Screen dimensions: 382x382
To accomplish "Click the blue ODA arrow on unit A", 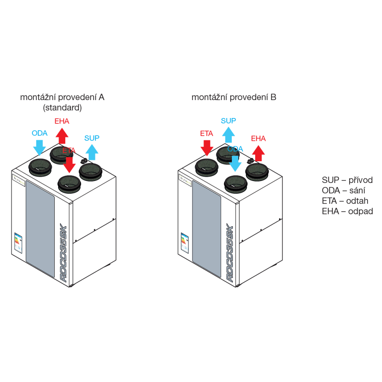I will [39, 147].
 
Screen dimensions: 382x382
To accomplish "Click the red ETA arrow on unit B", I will [207, 147].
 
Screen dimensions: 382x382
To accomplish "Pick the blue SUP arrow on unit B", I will [228, 135].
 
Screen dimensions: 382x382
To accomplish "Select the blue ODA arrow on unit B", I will [235, 163].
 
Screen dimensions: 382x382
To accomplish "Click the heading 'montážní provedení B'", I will [234, 97].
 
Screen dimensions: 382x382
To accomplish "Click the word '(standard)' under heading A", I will [62, 108].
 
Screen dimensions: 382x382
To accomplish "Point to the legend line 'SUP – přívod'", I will [347, 180].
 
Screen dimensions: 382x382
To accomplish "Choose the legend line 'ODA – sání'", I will [343, 190].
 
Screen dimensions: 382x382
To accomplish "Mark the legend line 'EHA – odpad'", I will [347, 211].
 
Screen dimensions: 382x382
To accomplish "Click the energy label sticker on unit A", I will [18, 243].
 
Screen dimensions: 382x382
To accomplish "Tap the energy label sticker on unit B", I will [185, 243].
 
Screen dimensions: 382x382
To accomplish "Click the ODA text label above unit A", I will [39, 133].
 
